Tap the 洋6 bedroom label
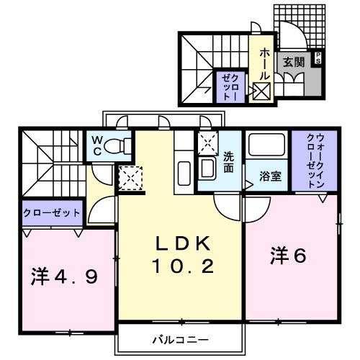287,255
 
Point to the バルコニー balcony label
180,338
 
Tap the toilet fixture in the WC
118,146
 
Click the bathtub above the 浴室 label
267,148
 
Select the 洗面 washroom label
229,162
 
